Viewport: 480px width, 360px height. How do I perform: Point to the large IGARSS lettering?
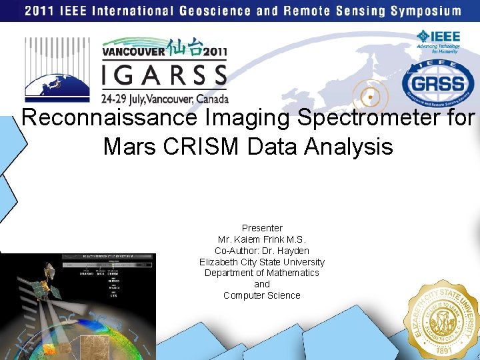coord(164,75)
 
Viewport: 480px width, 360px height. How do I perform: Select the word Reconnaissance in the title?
coord(109,118)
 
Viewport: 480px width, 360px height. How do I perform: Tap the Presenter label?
coord(262,228)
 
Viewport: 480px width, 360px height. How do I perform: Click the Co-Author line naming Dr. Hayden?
coord(262,251)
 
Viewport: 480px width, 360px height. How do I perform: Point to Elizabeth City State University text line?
coord(262,262)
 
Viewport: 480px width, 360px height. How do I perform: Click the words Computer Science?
coord(262,295)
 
